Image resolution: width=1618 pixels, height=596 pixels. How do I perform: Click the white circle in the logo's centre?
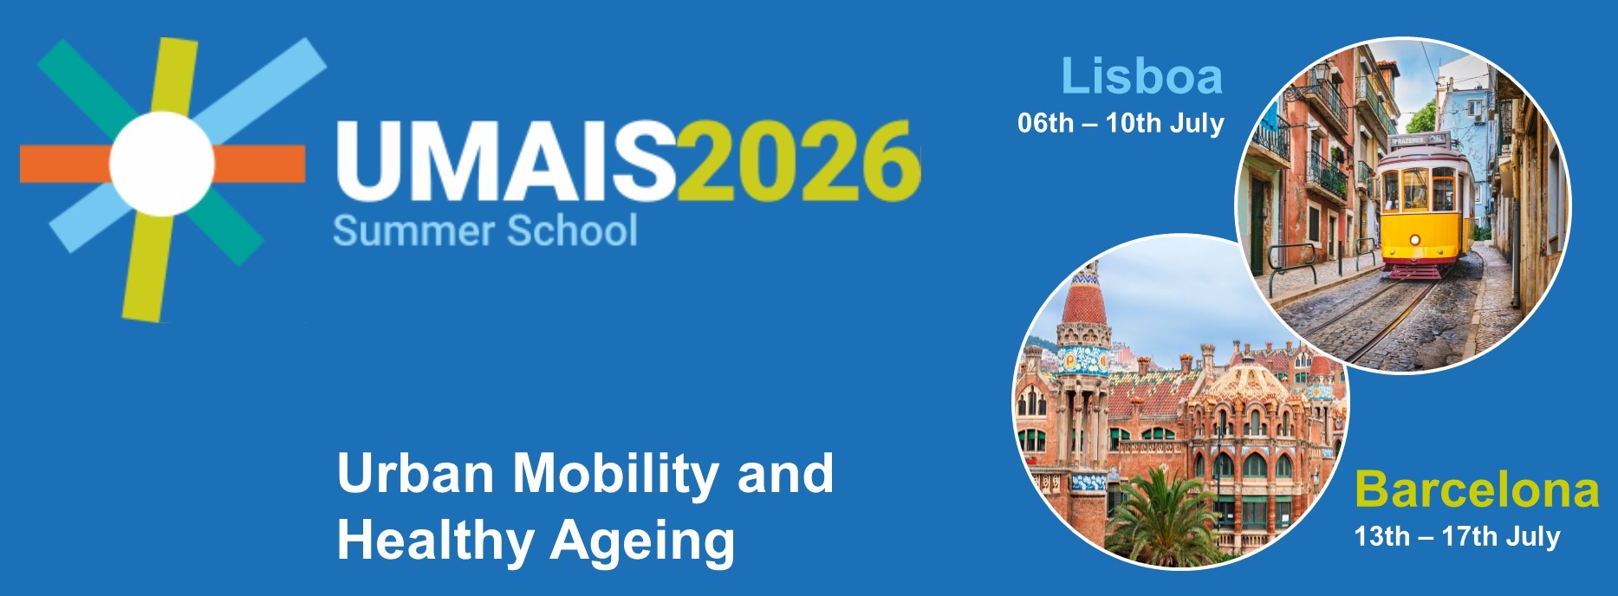[x=162, y=162]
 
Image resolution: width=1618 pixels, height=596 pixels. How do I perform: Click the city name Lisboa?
[x=1141, y=76]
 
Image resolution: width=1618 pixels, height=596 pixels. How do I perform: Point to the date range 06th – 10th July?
[x=1121, y=123]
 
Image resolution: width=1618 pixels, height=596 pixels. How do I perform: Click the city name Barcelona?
[x=1476, y=489]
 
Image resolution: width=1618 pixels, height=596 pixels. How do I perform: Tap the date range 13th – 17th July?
[x=1457, y=536]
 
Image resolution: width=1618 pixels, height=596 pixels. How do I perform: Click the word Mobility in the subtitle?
[x=615, y=474]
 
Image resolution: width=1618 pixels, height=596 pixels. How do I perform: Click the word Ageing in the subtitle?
[x=642, y=541]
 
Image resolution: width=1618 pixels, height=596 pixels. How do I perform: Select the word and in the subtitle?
[x=785, y=474]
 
